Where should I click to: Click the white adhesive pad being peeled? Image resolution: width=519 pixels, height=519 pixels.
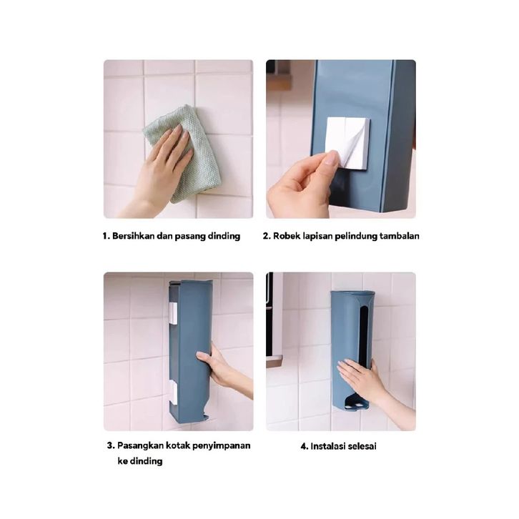tap(347, 142)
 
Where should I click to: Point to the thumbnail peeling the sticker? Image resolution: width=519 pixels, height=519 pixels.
tap(331, 161)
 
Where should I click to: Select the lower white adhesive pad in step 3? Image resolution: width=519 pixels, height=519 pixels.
tap(173, 392)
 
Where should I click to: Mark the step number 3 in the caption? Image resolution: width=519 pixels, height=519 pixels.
tap(110, 445)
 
